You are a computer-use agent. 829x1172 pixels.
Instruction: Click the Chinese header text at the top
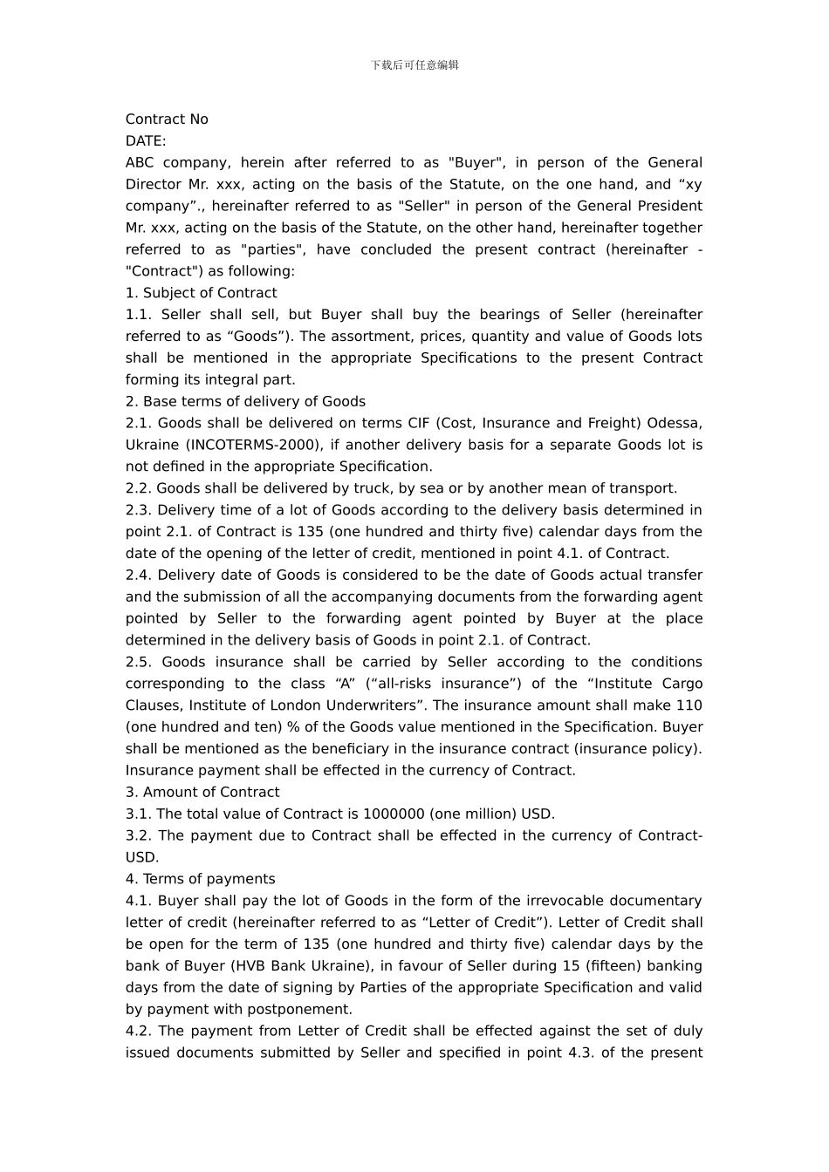coord(414,65)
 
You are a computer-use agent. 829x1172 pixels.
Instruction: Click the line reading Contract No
coord(167,119)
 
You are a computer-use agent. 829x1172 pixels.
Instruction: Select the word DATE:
coord(146,141)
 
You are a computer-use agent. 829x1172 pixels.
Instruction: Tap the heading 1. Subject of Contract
coord(201,293)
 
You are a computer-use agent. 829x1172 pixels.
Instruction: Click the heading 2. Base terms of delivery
coord(245,401)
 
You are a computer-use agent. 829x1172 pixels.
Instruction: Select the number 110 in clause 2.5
coord(689,705)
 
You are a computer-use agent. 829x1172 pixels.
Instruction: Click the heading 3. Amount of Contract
coord(202,792)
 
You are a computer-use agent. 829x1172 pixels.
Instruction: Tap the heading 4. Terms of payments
coord(200,879)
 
